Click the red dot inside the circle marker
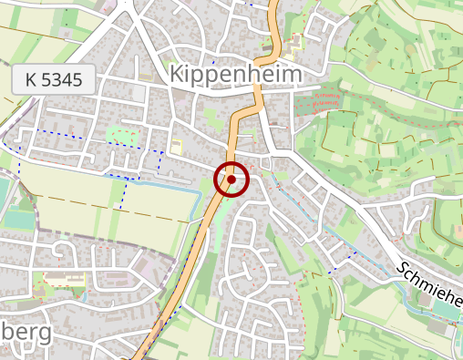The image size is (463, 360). pyautogui.click(x=231, y=180)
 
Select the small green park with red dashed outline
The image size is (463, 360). pyautogui.click(x=122, y=136)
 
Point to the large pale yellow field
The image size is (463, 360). pyautogui.click(x=109, y=196)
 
